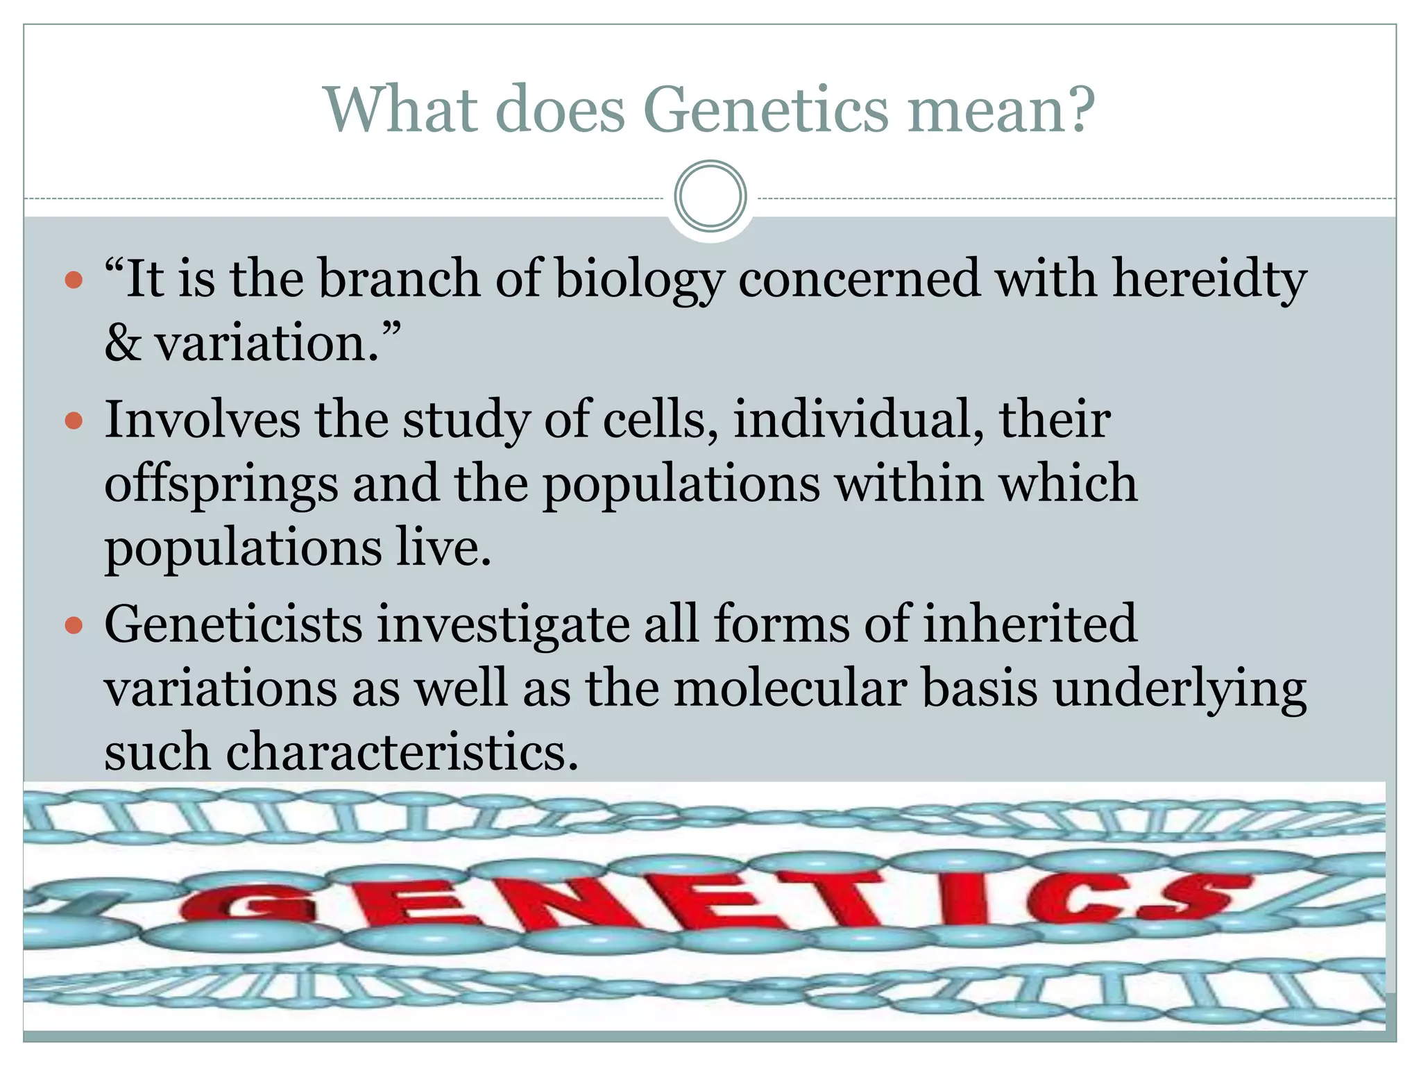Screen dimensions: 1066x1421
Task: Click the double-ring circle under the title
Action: (x=710, y=196)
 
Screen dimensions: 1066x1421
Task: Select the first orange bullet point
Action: (x=74, y=281)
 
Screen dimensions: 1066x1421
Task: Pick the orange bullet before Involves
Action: (x=74, y=421)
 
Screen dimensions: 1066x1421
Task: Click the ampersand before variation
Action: (x=122, y=344)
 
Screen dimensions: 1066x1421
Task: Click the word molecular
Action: (x=790, y=688)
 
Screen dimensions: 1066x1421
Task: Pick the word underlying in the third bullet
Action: (x=1180, y=690)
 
